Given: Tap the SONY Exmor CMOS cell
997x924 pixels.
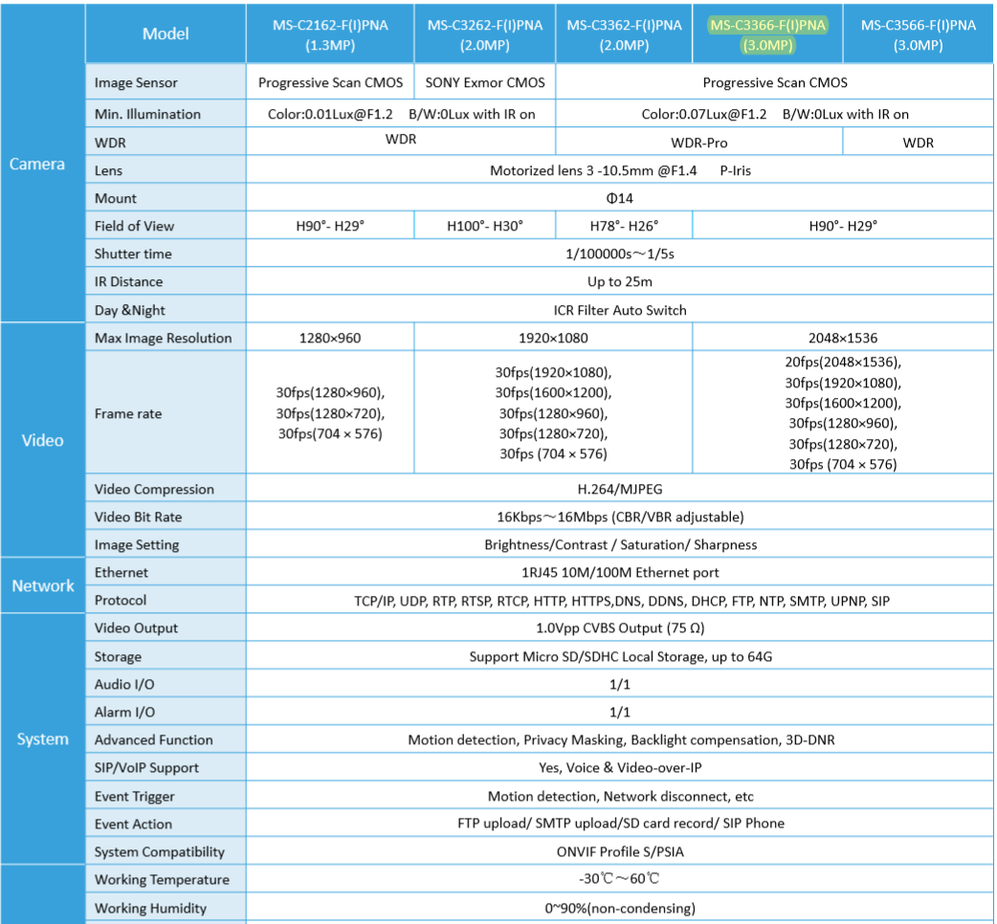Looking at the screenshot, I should click(x=485, y=82).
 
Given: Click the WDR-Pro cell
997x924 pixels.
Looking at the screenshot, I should click(x=699, y=143).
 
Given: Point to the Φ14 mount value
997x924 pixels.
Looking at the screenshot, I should click(x=619, y=198).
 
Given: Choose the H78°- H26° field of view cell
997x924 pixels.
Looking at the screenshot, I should click(x=624, y=226).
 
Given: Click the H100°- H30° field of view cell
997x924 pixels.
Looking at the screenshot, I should click(x=485, y=226).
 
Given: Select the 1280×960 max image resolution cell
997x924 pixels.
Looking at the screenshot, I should click(x=330, y=338).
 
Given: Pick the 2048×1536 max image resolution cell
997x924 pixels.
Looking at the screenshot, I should click(x=842, y=338).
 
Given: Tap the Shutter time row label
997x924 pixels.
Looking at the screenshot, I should click(x=133, y=253).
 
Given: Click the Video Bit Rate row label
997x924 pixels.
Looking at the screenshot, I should click(x=138, y=517).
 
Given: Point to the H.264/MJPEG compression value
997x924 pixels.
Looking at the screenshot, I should click(x=619, y=489).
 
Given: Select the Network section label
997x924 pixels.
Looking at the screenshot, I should click(x=42, y=585).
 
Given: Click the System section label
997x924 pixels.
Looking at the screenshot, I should click(x=42, y=739).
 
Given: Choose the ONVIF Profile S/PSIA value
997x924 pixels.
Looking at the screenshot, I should click(x=619, y=851).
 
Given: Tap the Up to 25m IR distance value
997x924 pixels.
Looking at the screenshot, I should click(x=619, y=281).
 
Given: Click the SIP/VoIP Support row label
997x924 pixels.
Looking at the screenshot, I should click(x=146, y=767).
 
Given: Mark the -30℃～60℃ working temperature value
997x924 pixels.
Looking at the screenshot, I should click(x=619, y=879).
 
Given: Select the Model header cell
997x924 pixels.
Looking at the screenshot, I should click(x=166, y=33).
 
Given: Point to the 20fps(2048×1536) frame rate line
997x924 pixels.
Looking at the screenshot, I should click(x=842, y=362).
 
